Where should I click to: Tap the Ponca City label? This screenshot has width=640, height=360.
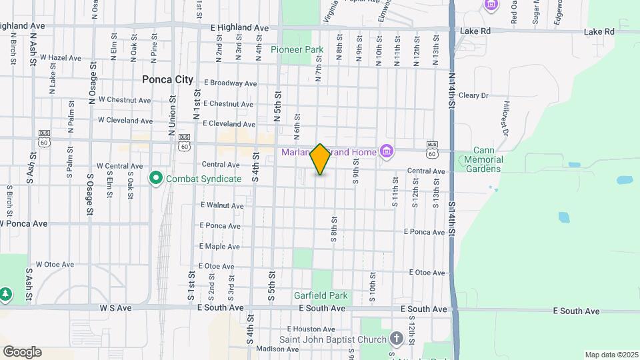click(167, 79)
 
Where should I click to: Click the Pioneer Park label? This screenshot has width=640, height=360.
click(297, 49)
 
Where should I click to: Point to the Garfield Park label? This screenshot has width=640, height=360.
click(321, 295)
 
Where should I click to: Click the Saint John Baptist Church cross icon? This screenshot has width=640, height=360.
click(397, 339)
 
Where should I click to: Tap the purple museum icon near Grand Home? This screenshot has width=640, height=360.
click(385, 153)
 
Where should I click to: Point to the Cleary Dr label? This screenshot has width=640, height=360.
click(473, 95)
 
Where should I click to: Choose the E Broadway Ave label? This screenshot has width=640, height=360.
click(231, 83)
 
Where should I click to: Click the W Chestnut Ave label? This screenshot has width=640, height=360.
click(125, 100)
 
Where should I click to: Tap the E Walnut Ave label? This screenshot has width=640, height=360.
click(221, 205)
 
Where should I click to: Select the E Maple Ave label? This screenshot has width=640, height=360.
click(219, 247)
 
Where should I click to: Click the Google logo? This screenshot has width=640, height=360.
click(22, 352)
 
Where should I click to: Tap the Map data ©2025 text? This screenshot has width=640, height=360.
click(612, 355)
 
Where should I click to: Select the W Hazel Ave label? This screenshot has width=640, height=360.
click(60, 58)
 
